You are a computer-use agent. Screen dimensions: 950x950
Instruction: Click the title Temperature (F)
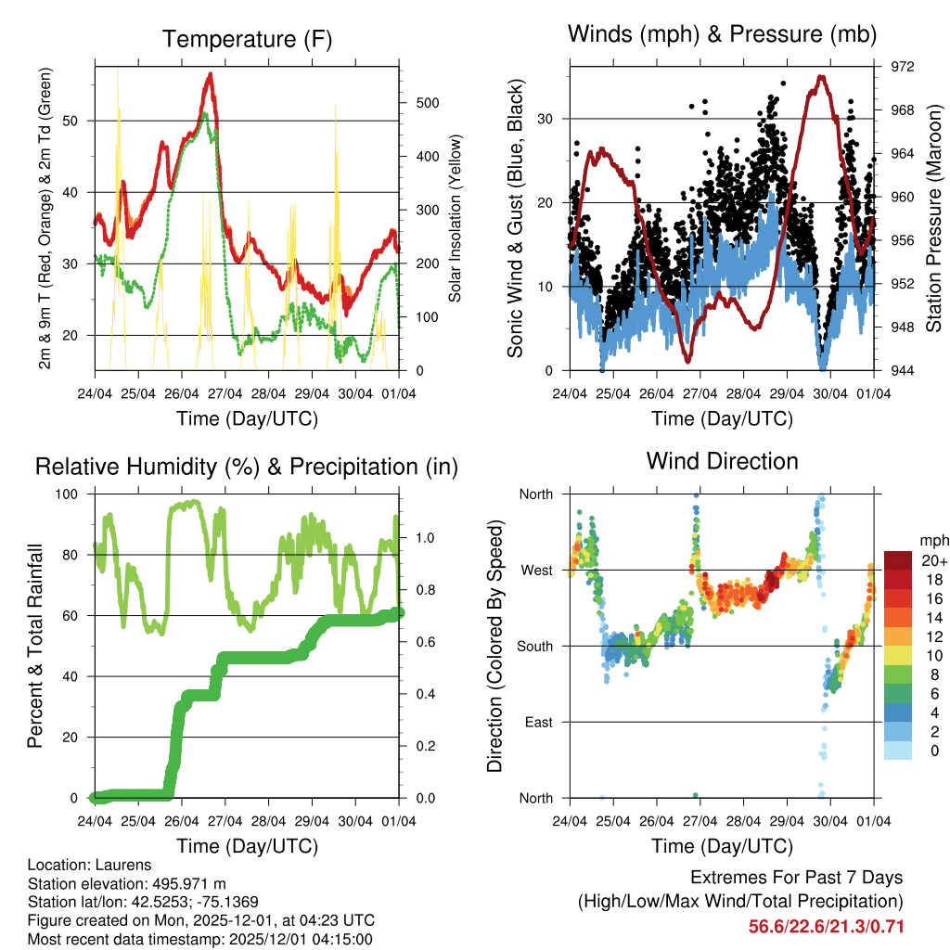(x=247, y=39)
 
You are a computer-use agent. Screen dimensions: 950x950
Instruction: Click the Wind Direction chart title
(x=722, y=460)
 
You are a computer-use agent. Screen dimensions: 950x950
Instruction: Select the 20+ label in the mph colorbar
(x=934, y=560)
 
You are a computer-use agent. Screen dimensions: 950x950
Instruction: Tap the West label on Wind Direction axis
(x=536, y=570)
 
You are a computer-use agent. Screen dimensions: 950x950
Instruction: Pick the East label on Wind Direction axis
(x=538, y=722)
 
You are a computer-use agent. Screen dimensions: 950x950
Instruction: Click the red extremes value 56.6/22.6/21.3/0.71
(x=826, y=927)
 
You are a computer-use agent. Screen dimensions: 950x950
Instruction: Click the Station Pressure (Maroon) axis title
(x=934, y=218)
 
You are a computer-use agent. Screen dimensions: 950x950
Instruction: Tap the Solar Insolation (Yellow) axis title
(x=456, y=218)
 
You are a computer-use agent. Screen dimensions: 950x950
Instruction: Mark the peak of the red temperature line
(x=211, y=74)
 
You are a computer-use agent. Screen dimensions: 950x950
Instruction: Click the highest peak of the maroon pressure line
(x=820, y=77)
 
